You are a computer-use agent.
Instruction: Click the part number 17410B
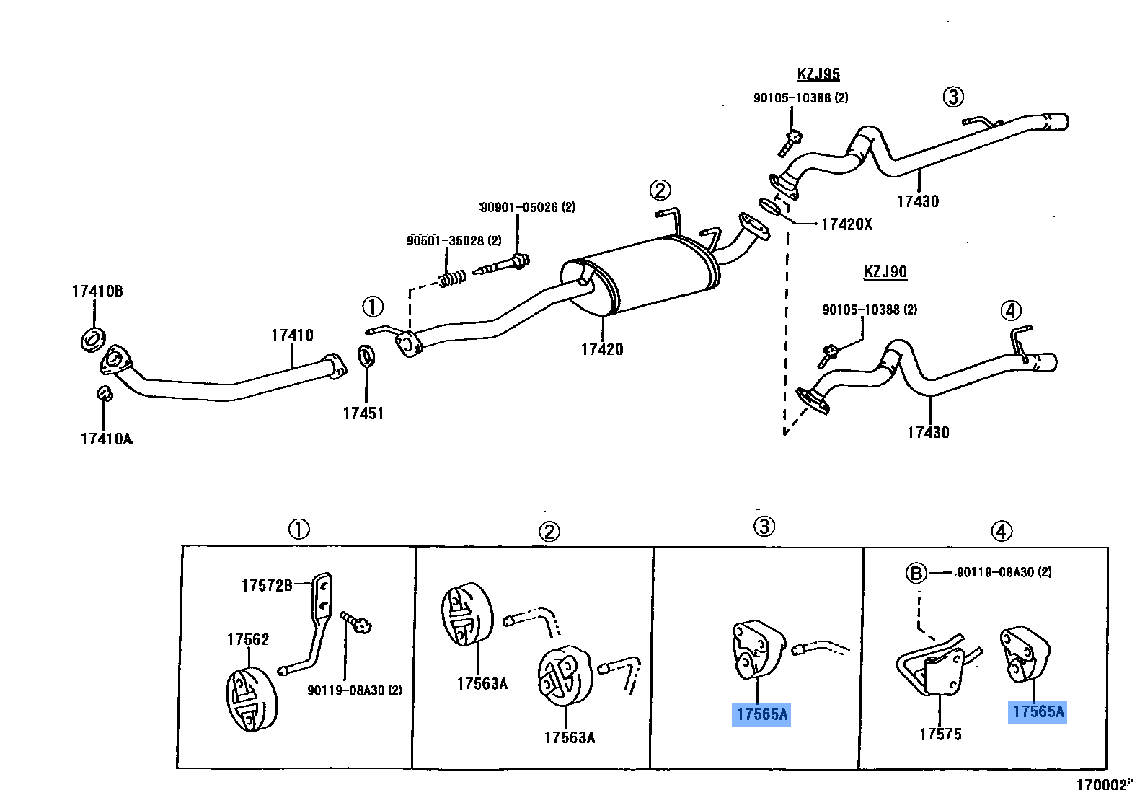pyautogui.click(x=97, y=291)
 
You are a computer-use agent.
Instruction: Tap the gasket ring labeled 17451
pyautogui.click(x=366, y=355)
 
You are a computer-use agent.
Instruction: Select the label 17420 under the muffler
pyautogui.click(x=602, y=350)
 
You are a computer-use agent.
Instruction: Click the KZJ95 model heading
pyautogui.click(x=818, y=74)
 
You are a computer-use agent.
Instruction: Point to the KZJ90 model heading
pyautogui.click(x=885, y=272)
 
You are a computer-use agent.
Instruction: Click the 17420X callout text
pyautogui.click(x=846, y=224)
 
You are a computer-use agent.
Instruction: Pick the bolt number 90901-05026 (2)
pyautogui.click(x=528, y=208)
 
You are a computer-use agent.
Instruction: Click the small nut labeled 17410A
pyautogui.click(x=105, y=393)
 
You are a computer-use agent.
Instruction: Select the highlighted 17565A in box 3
pyautogui.click(x=762, y=714)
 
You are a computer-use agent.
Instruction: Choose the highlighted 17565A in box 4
pyautogui.click(x=1038, y=711)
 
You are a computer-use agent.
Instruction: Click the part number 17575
pyautogui.click(x=940, y=734)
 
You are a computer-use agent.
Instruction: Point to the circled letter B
pyautogui.click(x=916, y=574)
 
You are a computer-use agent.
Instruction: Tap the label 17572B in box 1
pyautogui.click(x=267, y=586)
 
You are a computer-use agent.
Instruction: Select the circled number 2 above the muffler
pyautogui.click(x=660, y=190)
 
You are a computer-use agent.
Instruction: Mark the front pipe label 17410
pyautogui.click(x=292, y=335)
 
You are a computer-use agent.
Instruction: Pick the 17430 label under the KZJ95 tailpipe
pyautogui.click(x=918, y=202)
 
